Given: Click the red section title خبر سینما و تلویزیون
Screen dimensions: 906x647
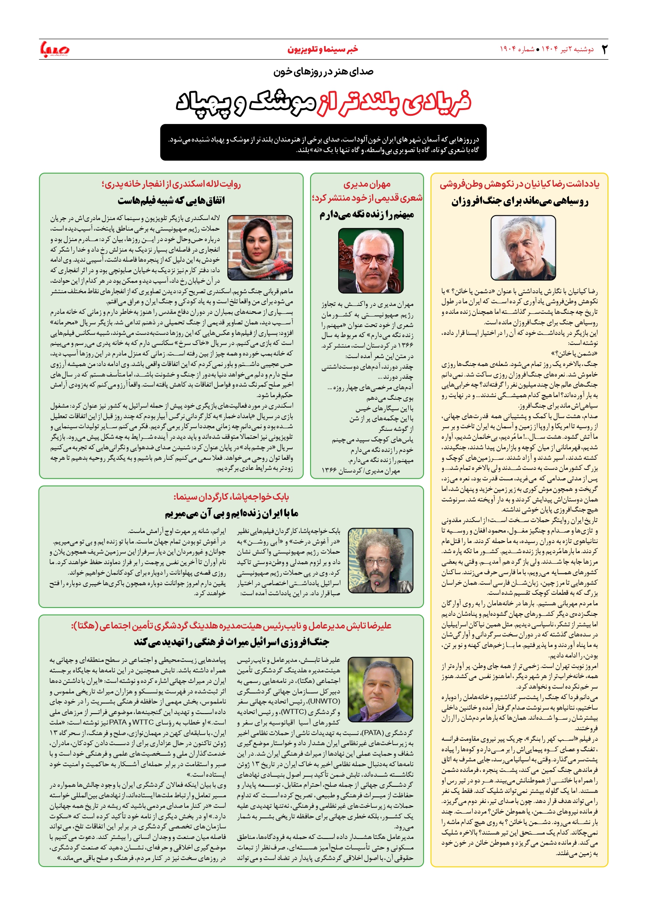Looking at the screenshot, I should coord(323,49).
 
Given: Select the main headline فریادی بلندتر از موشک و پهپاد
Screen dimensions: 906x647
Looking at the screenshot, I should coord(323,103).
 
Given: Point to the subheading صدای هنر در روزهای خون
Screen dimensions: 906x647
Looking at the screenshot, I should coord(323,71).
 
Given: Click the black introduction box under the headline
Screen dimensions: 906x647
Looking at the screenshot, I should coord(323,142).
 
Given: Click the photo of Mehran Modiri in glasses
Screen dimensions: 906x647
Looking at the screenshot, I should coord(371,261).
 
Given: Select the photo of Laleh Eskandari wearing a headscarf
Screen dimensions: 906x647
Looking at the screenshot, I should coord(260,248).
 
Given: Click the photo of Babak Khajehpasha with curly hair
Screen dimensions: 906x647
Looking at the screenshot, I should coord(381,561).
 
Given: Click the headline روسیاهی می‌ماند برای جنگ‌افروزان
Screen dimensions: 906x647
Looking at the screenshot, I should coord(520,202).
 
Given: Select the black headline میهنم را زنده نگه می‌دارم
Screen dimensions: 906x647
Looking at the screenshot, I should coord(367,215).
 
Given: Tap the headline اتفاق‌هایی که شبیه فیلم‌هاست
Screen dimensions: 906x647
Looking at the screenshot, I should coord(171,201).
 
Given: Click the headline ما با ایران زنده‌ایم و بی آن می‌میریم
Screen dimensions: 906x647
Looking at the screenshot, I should coord(231,513).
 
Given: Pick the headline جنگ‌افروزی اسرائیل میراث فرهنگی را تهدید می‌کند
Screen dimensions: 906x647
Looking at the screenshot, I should coord(231,642).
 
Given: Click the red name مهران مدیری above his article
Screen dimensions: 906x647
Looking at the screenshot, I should coord(367,184).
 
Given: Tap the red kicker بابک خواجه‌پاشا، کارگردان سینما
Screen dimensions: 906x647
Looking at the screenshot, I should coord(231,497).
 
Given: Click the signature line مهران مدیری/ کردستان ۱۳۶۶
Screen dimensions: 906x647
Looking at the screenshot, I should coord(361,471).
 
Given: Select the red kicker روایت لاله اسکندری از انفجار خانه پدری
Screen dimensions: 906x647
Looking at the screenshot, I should coord(171,184).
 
